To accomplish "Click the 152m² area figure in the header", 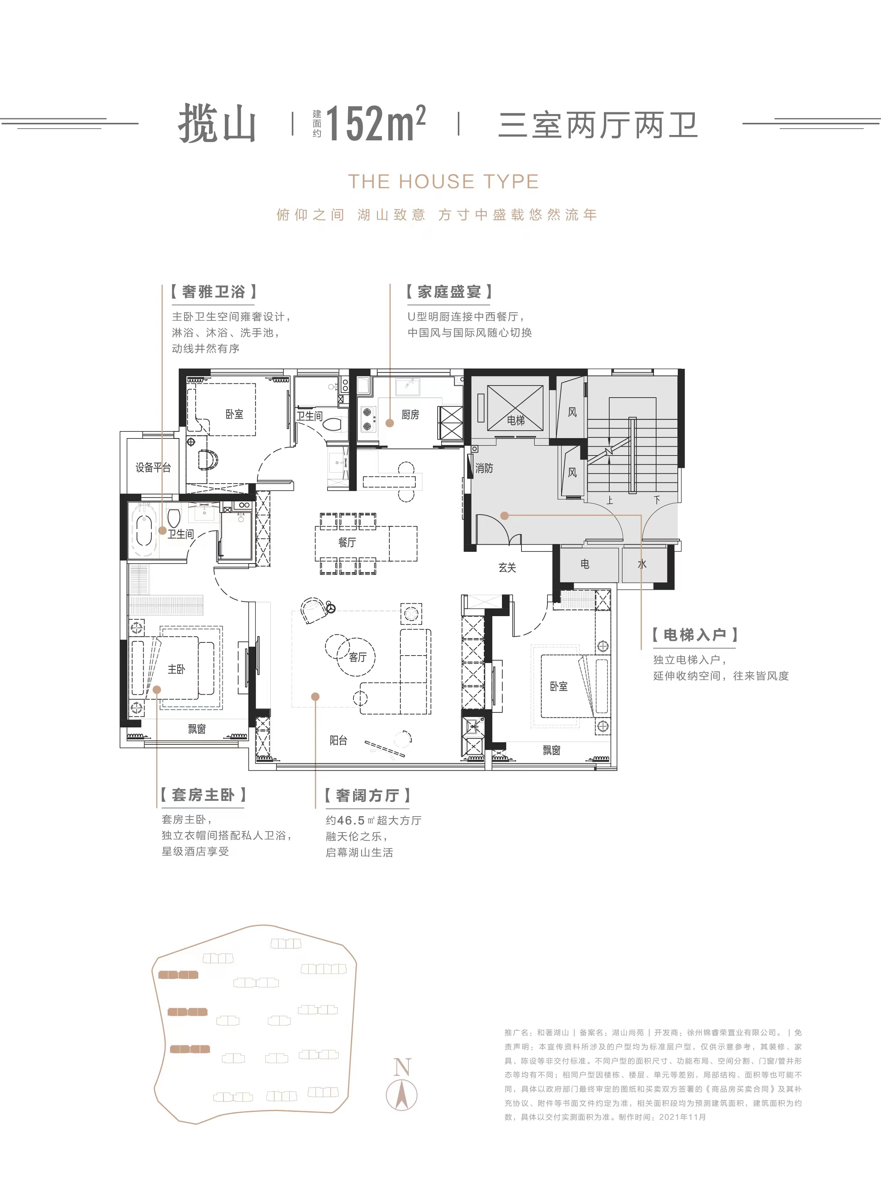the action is (375, 123).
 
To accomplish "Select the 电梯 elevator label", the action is (516, 420).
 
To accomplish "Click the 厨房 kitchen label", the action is (410, 415).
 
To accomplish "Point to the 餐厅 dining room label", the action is (347, 543).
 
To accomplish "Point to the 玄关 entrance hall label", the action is (507, 567).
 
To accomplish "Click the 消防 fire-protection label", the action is (484, 468).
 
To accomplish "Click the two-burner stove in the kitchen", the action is (367, 419).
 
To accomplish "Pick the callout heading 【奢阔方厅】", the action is (367, 795).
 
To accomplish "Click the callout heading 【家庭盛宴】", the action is (449, 292).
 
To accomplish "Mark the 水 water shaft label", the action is (642, 564).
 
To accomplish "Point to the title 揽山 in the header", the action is (217, 124).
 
